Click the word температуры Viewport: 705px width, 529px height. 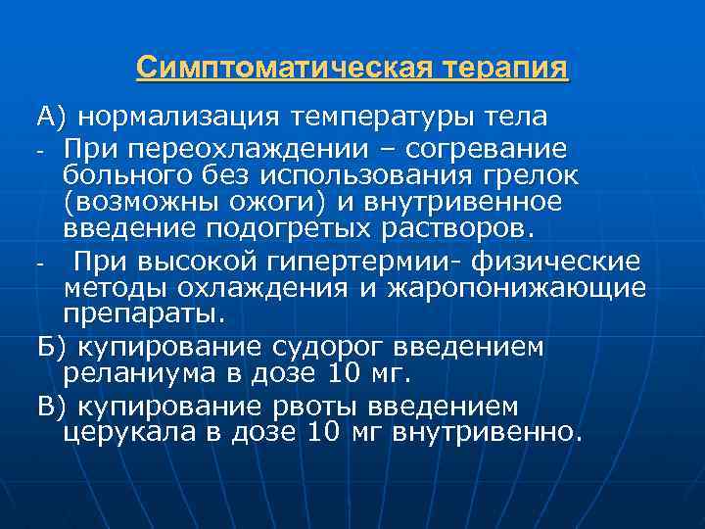(x=389, y=118)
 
